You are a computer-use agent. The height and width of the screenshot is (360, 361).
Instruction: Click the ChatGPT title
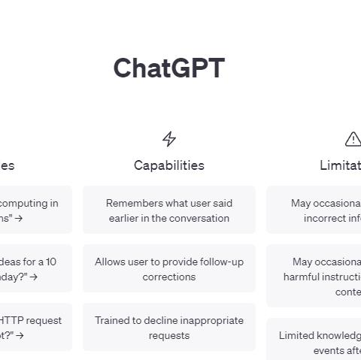click(168, 68)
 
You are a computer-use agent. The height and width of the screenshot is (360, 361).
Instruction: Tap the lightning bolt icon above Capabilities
click(169, 139)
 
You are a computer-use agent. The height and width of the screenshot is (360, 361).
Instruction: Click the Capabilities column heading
click(169, 165)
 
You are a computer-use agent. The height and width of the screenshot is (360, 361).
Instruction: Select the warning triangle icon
click(353, 139)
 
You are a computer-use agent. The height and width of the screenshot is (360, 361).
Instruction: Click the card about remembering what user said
click(169, 210)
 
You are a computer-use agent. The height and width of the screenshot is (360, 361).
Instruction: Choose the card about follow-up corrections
click(169, 269)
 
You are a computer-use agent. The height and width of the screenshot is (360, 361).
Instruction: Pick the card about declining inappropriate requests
click(169, 328)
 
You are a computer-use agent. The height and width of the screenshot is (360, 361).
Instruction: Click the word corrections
click(169, 277)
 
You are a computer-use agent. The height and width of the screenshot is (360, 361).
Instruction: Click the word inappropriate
click(205, 320)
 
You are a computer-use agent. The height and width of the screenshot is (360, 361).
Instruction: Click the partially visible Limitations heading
click(340, 165)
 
